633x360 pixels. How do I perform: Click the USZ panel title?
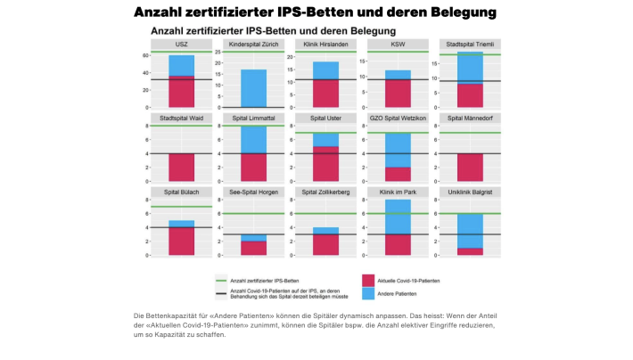click(x=181, y=44)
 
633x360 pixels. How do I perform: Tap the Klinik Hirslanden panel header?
click(x=326, y=44)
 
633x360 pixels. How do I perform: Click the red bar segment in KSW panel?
click(x=399, y=93)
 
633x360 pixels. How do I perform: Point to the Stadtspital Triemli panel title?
click(x=470, y=44)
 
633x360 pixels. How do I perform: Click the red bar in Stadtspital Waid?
click(x=181, y=168)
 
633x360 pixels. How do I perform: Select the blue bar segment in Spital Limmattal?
click(x=254, y=139)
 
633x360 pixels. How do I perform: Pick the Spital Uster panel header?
click(x=326, y=118)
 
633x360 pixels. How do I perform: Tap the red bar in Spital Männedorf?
click(x=470, y=168)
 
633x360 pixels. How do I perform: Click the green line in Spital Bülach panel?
click(x=181, y=207)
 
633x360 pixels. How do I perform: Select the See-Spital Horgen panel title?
click(x=254, y=192)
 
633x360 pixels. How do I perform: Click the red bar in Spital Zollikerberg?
click(x=326, y=245)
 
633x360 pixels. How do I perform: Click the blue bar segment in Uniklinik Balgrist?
click(x=470, y=231)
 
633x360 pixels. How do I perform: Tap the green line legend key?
click(x=220, y=280)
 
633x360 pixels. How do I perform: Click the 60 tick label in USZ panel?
click(x=144, y=55)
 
